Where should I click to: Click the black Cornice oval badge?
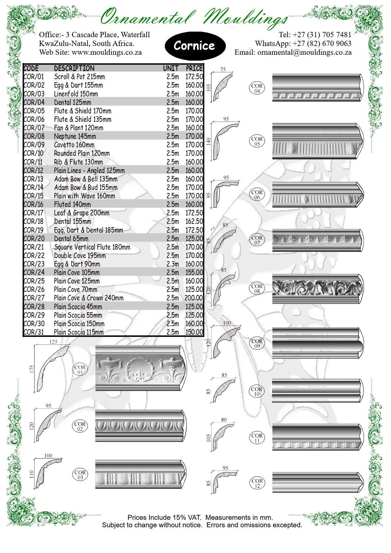point(195,46)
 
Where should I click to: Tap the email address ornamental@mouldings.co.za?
point(304,52)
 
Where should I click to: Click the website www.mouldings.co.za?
point(107,52)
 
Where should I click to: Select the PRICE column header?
point(194,68)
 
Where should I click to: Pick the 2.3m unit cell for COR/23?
point(173,264)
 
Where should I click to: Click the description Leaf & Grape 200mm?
point(81,213)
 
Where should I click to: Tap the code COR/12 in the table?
point(34,170)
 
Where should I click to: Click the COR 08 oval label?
point(257,288)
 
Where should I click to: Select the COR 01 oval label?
point(80,370)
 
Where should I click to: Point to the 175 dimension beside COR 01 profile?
point(32,369)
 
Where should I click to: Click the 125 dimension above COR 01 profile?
point(53,342)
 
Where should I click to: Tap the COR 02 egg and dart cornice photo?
point(140,426)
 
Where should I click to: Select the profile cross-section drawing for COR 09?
point(226,342)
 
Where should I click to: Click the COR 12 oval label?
point(257,483)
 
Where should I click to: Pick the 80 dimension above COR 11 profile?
point(224,420)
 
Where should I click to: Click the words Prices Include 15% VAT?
point(164,517)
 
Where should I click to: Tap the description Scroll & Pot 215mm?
point(80,77)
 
